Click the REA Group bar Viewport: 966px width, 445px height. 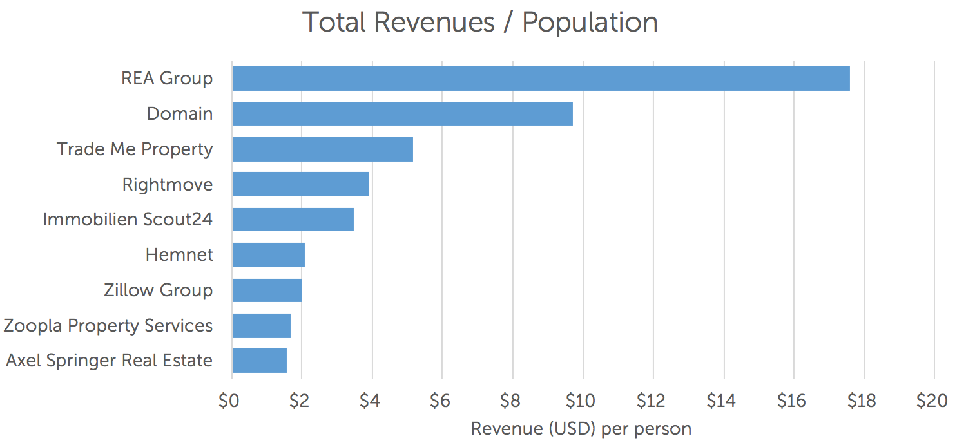541,79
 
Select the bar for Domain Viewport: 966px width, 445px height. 402,114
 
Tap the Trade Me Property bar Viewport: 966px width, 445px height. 322,149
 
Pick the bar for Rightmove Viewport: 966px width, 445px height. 300,184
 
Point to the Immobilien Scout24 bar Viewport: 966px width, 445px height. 293,220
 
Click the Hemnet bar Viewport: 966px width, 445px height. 268,255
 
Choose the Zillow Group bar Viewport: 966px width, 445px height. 267,290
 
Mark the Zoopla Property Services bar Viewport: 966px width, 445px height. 261,326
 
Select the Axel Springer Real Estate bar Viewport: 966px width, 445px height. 259,361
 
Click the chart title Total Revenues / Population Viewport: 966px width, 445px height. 480,23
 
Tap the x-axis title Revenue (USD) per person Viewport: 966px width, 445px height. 581,429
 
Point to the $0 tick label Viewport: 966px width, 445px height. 229,401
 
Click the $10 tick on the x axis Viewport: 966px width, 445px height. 580,401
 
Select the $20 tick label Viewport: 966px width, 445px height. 932,401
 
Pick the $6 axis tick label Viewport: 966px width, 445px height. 440,401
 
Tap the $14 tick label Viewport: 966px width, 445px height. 720,401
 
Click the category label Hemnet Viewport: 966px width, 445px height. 179,255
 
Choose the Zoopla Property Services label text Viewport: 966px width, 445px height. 108,326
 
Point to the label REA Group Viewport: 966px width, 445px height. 167,79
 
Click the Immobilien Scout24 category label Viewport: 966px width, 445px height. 128,220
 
